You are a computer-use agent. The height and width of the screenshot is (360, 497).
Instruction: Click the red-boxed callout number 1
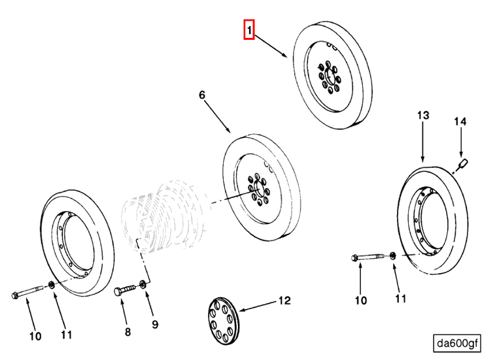(249, 30)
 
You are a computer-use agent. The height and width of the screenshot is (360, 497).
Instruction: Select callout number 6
(202, 95)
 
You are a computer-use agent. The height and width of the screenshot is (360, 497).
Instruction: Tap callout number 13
(423, 115)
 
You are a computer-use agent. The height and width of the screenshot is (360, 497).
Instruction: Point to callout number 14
(461, 122)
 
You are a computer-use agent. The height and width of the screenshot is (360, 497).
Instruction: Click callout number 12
(284, 301)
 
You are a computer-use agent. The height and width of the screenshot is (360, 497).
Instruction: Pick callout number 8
(128, 332)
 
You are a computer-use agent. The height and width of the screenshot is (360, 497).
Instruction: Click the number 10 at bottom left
(35, 336)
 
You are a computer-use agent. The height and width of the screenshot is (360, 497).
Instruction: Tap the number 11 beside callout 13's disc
(400, 299)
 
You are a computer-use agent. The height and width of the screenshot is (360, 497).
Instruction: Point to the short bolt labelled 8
(126, 289)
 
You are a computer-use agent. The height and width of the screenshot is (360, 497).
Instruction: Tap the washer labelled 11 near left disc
(52, 285)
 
